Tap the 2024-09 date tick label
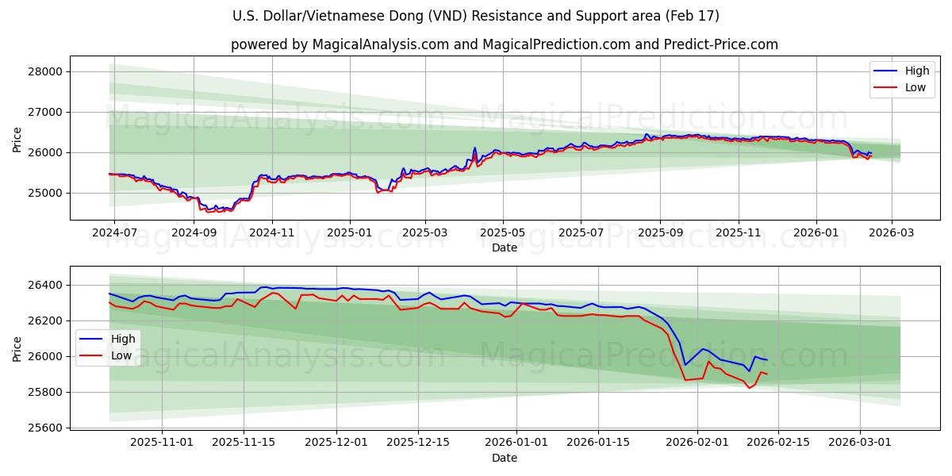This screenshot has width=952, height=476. click(x=194, y=233)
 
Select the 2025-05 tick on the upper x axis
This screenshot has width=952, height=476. click(x=502, y=233)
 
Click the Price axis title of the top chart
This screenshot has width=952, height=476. click(x=17, y=139)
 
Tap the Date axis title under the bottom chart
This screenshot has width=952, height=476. click(x=505, y=458)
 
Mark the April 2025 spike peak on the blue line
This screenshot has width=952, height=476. click(x=474, y=148)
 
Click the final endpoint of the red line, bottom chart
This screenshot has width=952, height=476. click(x=766, y=374)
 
